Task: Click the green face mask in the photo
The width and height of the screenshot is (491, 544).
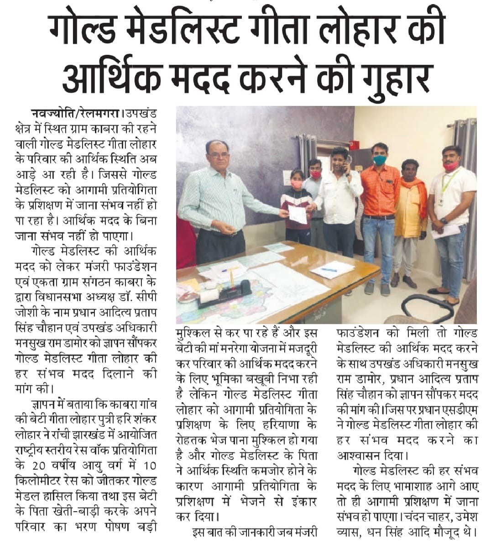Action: coord(379,160)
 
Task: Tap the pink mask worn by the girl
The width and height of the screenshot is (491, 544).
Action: coord(297,184)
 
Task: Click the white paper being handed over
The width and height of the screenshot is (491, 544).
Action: coord(298,214)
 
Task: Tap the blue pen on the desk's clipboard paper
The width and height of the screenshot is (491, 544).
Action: coord(329,270)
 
